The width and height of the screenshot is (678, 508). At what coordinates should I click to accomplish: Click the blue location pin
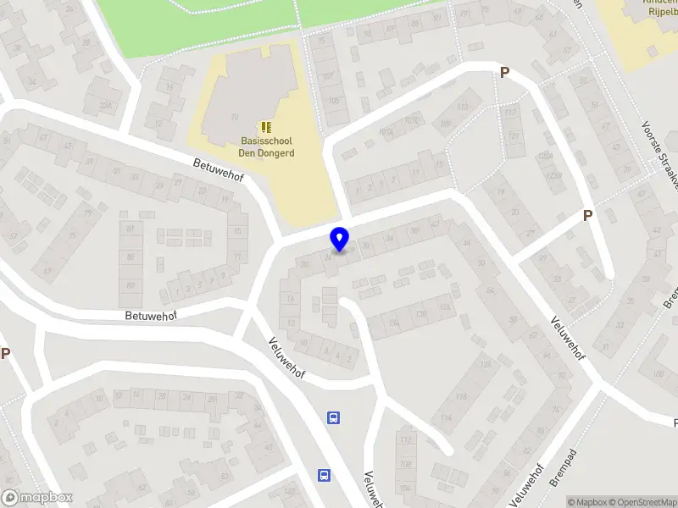340,239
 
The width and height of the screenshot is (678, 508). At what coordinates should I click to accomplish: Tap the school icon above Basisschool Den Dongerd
267,127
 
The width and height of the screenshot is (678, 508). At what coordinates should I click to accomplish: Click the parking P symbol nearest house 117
504,74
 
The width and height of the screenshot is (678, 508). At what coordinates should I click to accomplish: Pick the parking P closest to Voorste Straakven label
587,216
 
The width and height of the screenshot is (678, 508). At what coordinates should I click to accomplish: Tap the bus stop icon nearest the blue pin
334,417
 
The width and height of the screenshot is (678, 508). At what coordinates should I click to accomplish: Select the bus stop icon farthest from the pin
324,475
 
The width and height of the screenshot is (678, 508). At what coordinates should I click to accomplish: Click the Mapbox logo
37,498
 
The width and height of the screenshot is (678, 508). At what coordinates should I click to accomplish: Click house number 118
462,396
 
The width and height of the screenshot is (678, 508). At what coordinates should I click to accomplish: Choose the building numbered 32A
105,105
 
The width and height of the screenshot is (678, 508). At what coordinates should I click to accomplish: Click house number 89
130,285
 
